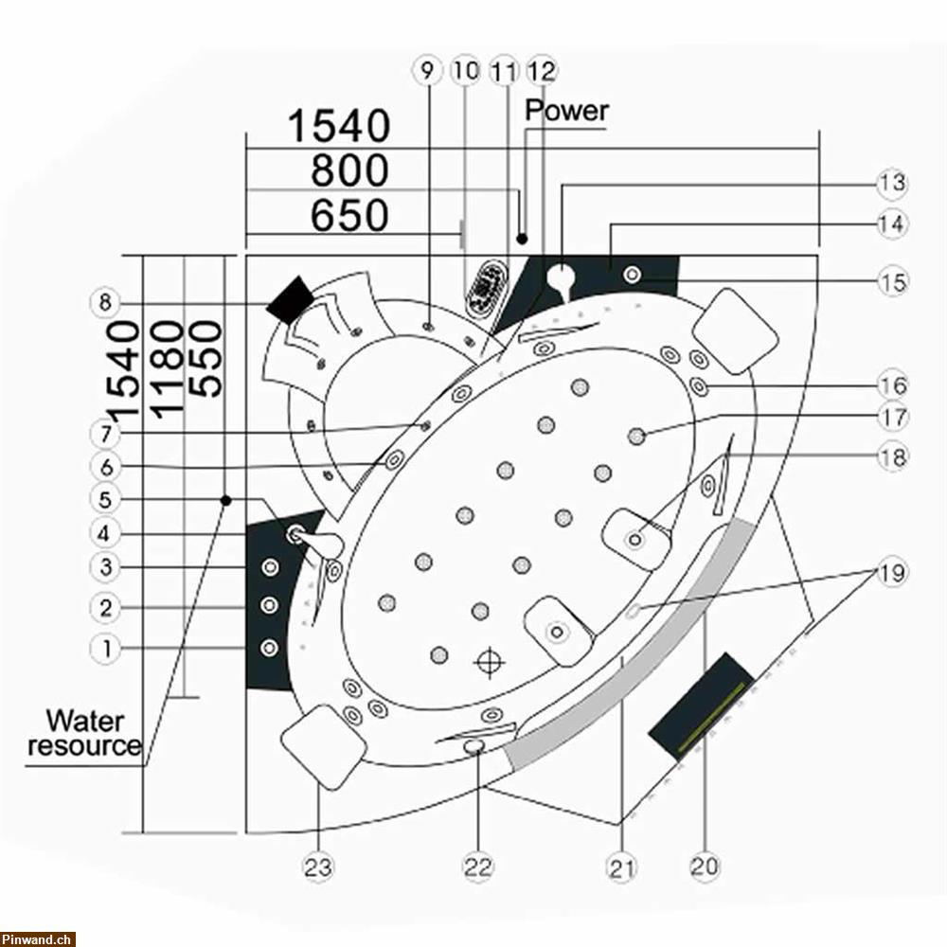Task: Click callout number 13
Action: [891, 183]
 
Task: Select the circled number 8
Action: [105, 303]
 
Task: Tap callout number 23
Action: [318, 865]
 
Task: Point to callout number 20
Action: [706, 865]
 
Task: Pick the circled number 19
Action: [891, 572]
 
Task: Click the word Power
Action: [566, 110]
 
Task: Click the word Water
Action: [84, 721]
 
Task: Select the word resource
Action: [84, 745]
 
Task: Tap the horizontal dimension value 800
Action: [349, 171]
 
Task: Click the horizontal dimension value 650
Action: [349, 216]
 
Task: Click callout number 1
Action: [105, 649]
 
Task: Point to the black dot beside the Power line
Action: [521, 237]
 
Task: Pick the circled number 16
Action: [891, 385]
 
